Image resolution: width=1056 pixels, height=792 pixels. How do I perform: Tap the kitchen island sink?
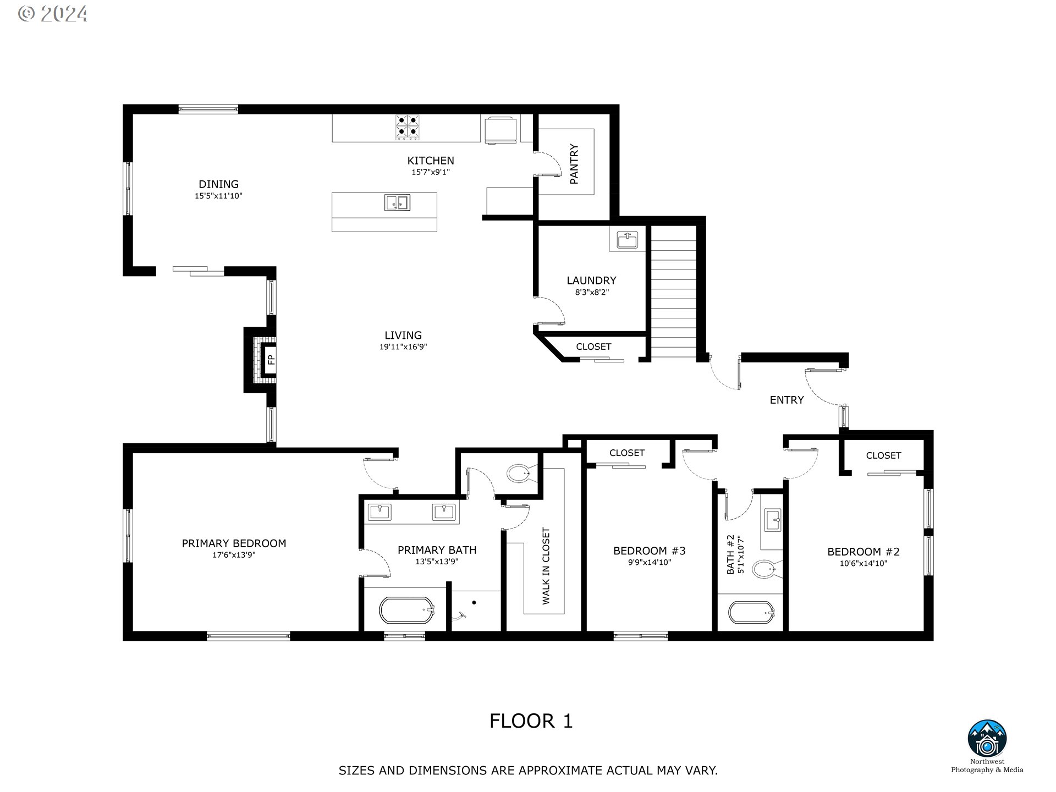pos(397,203)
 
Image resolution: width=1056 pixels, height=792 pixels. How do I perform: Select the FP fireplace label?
pos(271,360)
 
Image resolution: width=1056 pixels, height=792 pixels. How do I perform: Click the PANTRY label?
pos(574,164)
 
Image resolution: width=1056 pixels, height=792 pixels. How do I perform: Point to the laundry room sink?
pos(628,240)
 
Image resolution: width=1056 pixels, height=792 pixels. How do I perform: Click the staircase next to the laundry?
pos(674,291)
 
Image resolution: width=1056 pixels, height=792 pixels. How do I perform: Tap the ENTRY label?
pos(787,400)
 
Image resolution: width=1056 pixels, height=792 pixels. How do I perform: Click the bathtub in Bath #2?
pos(751,612)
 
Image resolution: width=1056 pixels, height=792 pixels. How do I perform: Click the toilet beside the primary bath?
pos(518,473)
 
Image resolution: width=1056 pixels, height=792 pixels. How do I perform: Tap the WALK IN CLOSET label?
pos(546,566)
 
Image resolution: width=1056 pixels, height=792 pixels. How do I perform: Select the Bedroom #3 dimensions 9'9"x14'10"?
pos(650,562)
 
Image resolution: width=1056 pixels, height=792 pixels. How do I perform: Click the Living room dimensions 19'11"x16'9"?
pos(403,346)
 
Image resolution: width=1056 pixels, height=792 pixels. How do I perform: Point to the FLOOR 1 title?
pos(531,721)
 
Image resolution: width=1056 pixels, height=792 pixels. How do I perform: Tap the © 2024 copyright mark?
pos(53,14)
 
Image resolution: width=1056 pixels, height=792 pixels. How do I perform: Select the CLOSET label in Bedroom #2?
pos(883,455)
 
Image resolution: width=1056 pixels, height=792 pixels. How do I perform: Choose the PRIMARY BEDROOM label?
pos(234,543)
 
